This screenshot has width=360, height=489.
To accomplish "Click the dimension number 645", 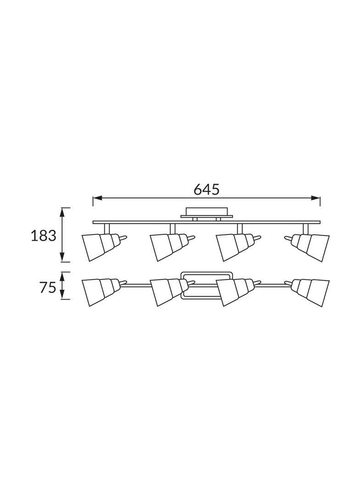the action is (x=206, y=189).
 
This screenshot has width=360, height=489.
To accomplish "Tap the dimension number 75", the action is (x=47, y=287).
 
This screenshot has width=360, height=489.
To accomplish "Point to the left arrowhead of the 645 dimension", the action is (x=97, y=198).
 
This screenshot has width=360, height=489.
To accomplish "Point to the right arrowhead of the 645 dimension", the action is (x=315, y=198).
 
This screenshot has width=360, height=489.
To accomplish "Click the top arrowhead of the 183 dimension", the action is (x=62, y=213).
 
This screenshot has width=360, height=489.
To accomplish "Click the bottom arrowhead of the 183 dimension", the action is (x=62, y=257).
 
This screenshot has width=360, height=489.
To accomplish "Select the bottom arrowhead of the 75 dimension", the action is (x=62, y=295).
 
